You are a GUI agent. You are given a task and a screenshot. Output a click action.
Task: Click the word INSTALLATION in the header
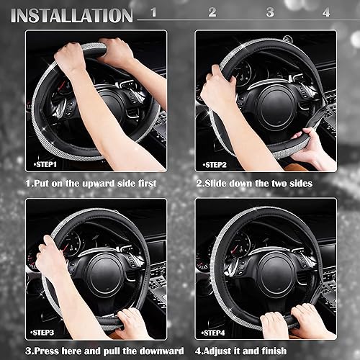(x=72, y=14)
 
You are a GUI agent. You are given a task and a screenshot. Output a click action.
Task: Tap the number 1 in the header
(x=153, y=12)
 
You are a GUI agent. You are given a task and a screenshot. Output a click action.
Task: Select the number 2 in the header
(x=212, y=12)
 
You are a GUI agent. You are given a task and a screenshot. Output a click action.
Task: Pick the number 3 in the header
(x=270, y=12)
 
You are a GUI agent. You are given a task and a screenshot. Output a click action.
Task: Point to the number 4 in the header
(x=326, y=12)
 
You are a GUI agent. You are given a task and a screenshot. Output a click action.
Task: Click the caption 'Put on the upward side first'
(x=91, y=184)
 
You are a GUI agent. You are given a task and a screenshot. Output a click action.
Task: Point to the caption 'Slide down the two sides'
(x=255, y=184)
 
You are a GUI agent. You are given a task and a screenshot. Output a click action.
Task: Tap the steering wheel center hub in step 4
(x=276, y=271)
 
